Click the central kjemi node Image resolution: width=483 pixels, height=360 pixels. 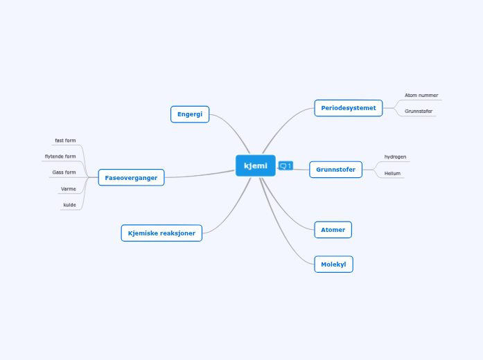coord(256,165)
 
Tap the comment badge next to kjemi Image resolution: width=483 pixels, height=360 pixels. coord(286,166)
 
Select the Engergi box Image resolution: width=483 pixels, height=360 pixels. coord(190,114)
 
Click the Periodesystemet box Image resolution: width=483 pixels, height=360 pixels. coord(349,108)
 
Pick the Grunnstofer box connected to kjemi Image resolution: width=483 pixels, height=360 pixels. coord(336,170)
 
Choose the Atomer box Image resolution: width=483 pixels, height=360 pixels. coord(333,230)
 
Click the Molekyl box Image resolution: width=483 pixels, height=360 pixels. coord(333,264)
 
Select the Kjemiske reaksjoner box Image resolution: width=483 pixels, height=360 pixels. coord(161,233)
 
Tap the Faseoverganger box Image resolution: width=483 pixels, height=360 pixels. coord(131,177)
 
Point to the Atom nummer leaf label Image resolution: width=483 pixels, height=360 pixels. coord(421,96)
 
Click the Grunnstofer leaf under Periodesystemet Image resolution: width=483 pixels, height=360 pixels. coord(419,111)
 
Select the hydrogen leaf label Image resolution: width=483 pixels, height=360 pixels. coord(395,157)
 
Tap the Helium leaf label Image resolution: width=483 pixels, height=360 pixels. coord(392,173)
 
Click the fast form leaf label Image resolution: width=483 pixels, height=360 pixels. coord(65,141)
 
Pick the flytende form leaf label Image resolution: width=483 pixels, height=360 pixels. coord(60,156)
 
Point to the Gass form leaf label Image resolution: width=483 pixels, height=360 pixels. coord(64,172)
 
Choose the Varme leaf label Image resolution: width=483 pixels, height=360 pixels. coord(69,189)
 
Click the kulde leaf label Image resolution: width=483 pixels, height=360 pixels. coord(69,205)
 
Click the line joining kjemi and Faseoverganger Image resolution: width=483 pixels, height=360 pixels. coord(200,174)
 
